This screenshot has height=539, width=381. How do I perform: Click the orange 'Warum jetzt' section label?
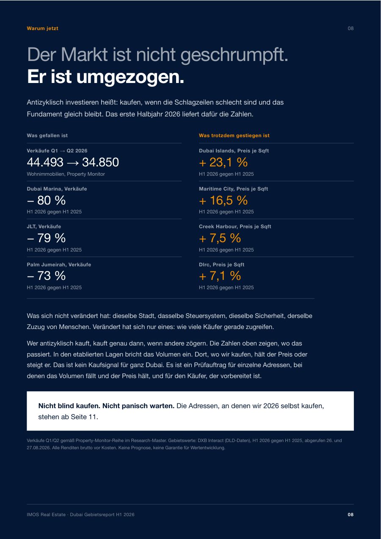click(42, 28)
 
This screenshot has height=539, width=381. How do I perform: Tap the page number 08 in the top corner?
click(351, 28)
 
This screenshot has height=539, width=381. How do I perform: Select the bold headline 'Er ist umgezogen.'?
click(105, 77)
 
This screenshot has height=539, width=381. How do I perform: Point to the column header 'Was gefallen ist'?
click(47, 135)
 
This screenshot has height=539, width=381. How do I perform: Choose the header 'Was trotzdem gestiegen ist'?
click(234, 135)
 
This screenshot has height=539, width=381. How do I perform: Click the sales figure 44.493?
click(45, 162)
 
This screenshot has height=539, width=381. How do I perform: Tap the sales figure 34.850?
click(101, 162)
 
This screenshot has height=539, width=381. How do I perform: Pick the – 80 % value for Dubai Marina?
click(46, 200)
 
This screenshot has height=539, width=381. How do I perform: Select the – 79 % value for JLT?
click(46, 238)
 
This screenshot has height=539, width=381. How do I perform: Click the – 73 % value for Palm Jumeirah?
click(46, 276)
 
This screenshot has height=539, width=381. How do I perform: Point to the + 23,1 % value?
click(223, 162)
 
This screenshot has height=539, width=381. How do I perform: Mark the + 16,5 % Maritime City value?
click(223, 200)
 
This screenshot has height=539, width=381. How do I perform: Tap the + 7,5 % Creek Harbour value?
click(220, 238)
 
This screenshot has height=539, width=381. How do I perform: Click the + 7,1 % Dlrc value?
click(220, 276)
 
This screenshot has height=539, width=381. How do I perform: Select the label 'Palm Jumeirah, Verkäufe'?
click(59, 265)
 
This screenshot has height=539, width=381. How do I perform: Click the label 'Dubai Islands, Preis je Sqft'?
click(234, 151)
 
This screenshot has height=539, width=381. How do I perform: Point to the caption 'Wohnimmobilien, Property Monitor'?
click(66, 174)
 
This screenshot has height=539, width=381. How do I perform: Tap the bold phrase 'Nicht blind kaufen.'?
click(69, 406)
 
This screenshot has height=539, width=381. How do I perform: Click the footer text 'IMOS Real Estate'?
click(46, 514)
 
